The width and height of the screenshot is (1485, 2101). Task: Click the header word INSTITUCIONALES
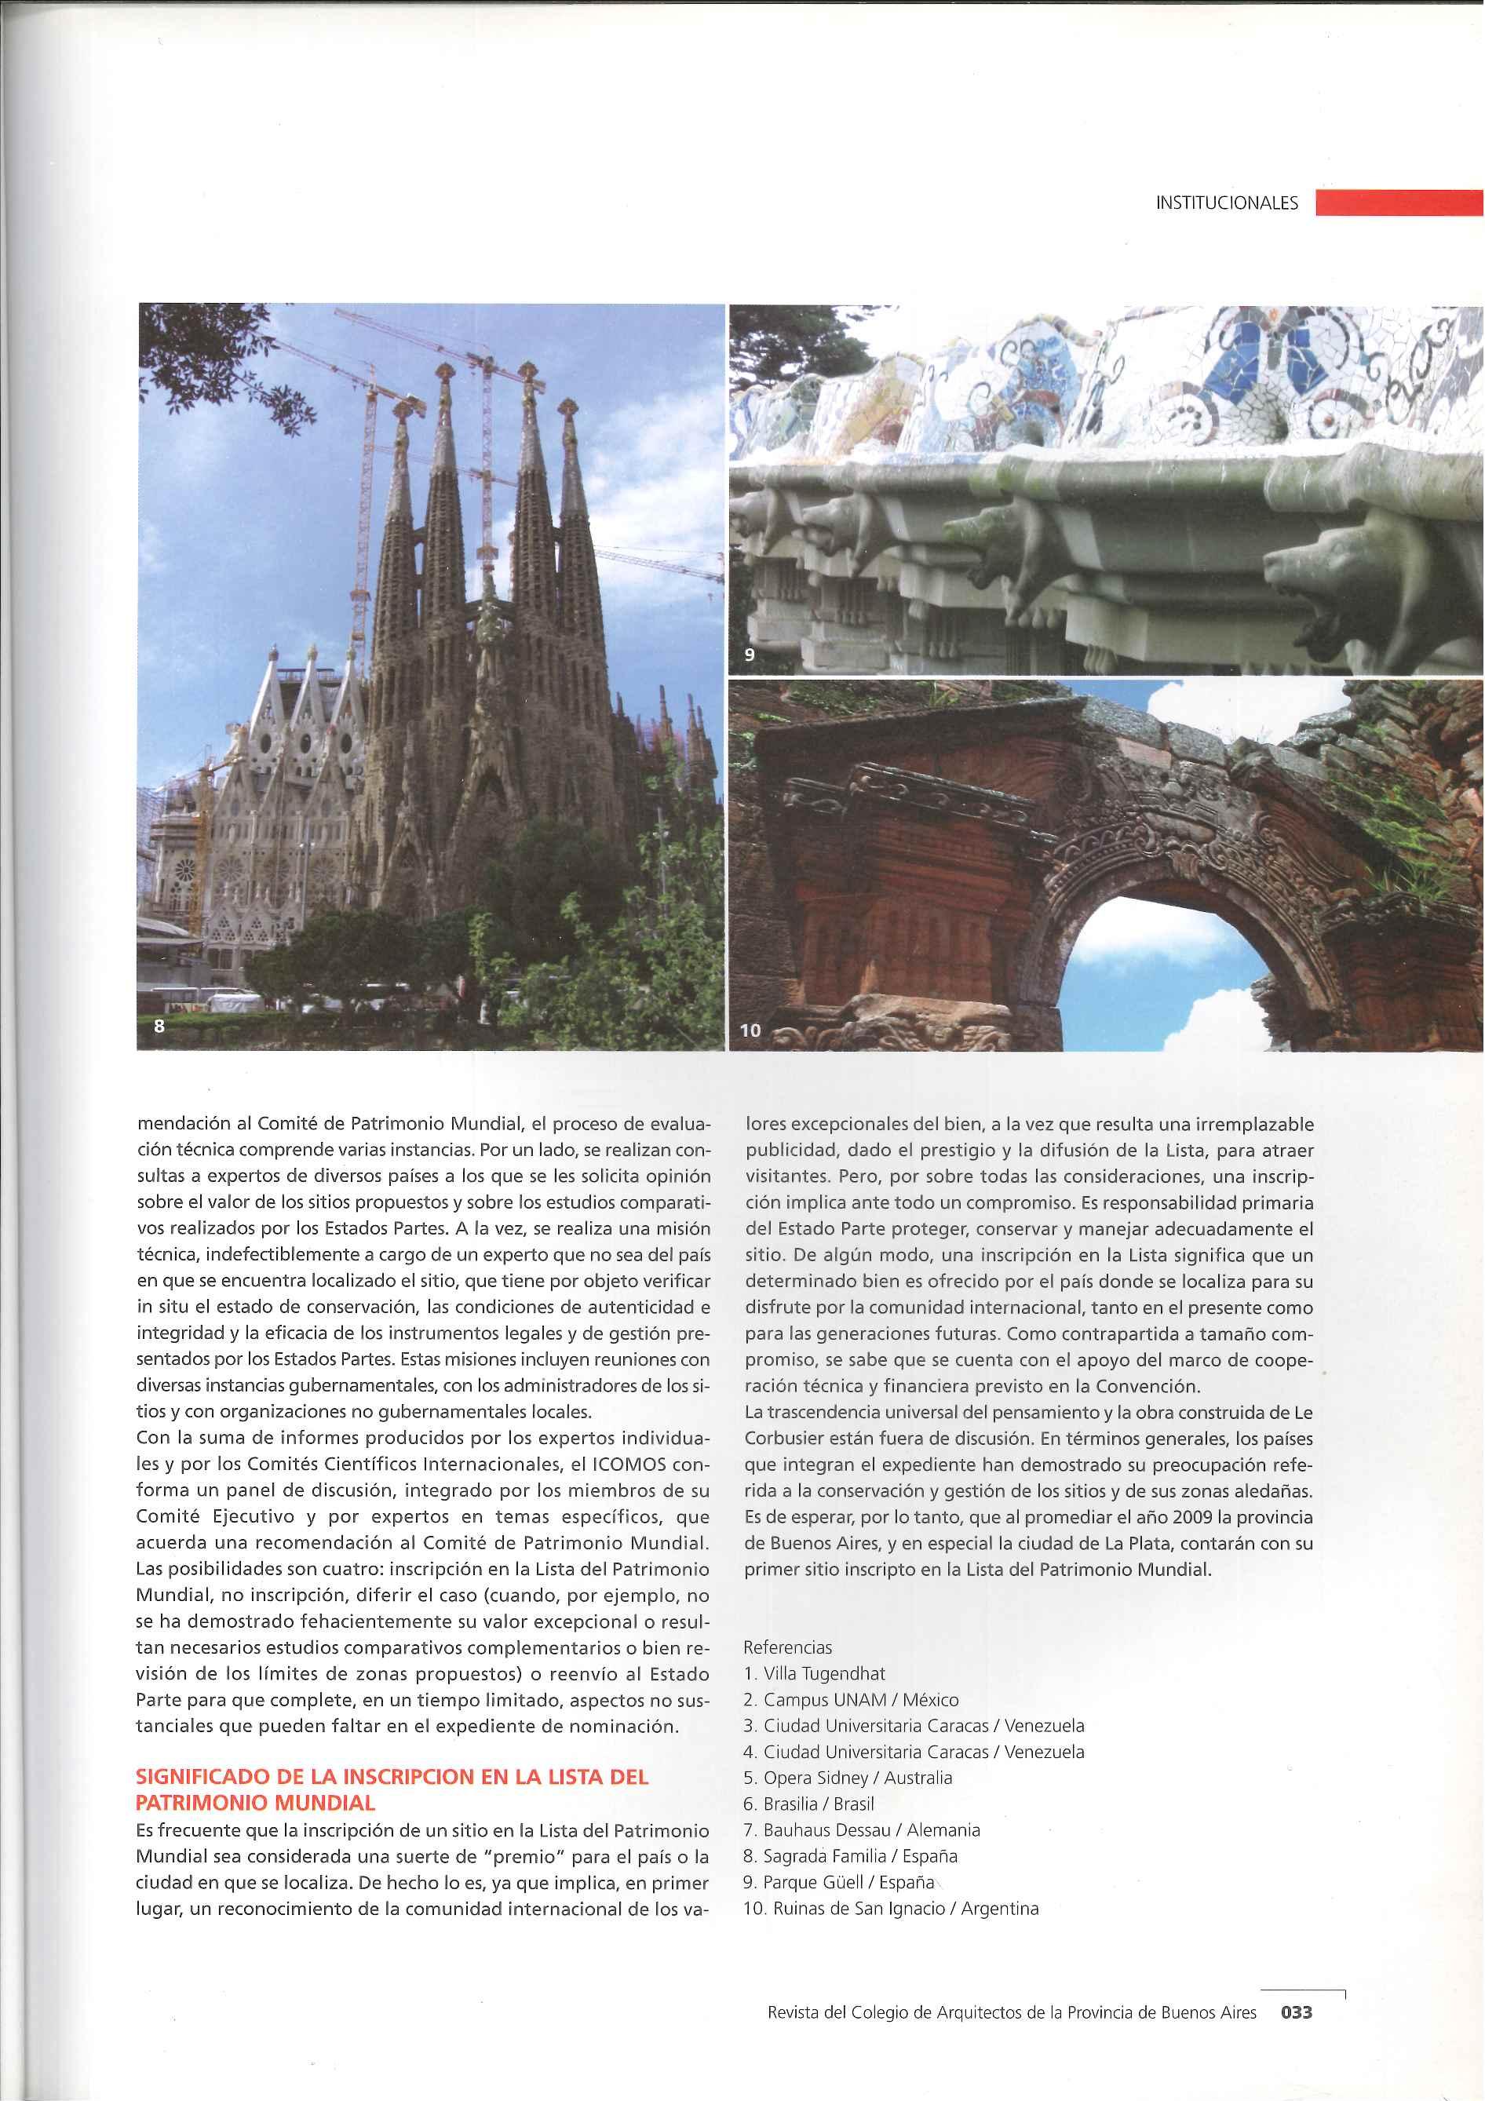click(1226, 203)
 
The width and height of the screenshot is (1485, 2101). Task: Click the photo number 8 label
click(159, 1026)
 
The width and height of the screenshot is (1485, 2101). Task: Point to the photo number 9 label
click(750, 655)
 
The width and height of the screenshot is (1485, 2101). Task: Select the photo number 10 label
click(750, 1030)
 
